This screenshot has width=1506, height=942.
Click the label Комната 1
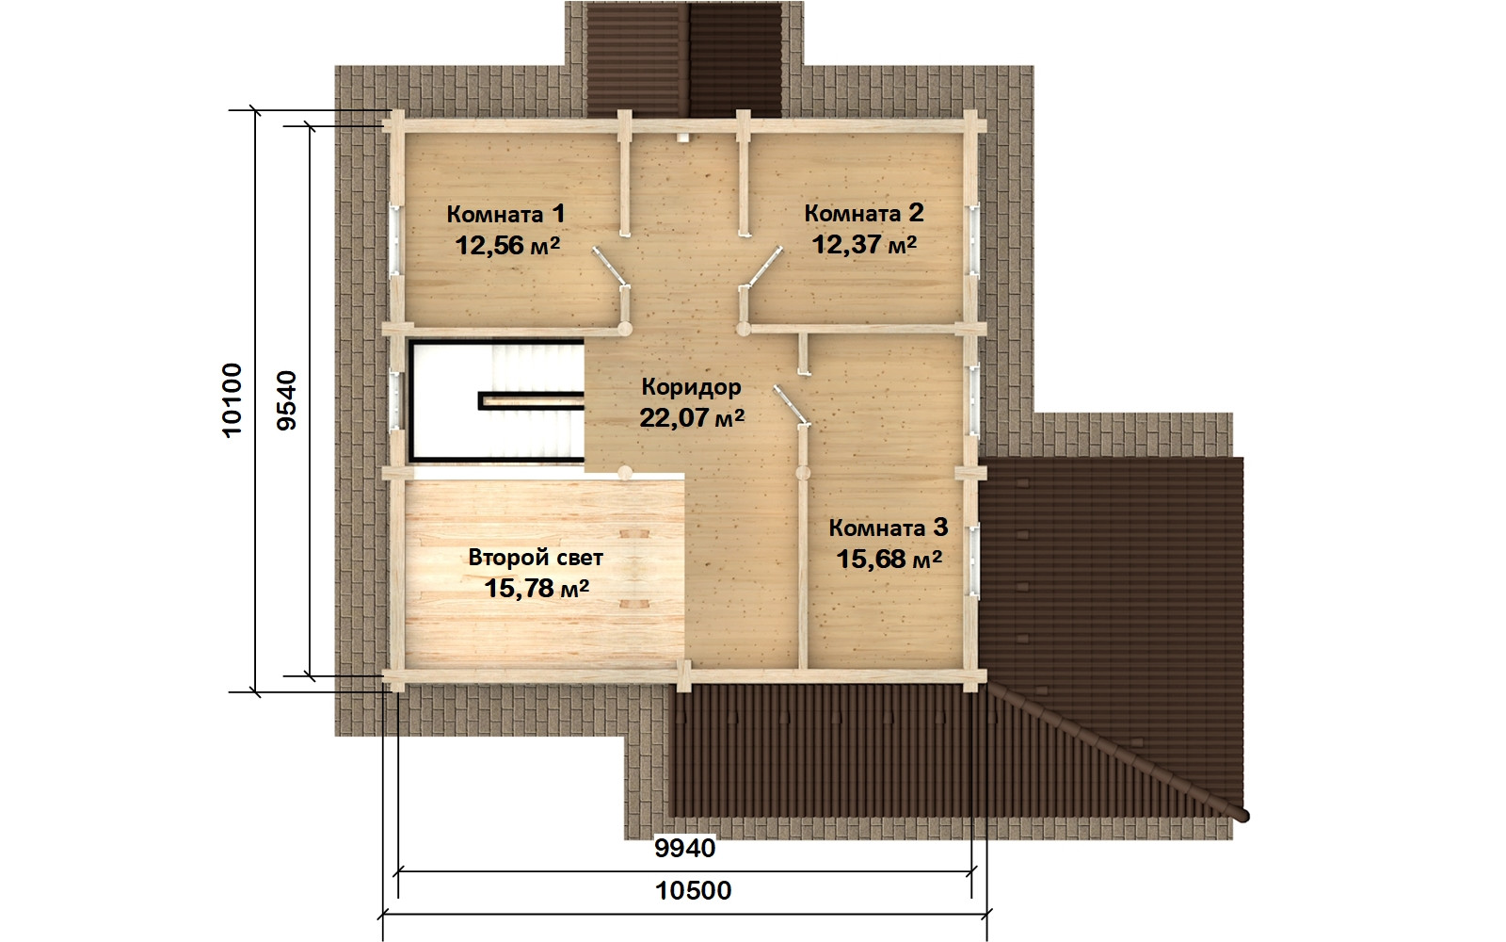(505, 214)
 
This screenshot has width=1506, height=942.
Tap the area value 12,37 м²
(864, 244)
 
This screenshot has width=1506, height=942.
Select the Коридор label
(691, 387)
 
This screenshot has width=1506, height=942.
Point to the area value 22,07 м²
(692, 418)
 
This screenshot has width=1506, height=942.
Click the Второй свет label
(536, 558)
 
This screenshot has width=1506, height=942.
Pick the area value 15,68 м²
(889, 560)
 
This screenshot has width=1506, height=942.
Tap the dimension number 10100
(232, 401)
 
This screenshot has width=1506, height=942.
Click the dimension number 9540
(286, 401)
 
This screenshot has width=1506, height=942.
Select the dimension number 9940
(685, 849)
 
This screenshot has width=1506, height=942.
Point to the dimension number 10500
(693, 891)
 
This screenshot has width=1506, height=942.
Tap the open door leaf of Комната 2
(764, 268)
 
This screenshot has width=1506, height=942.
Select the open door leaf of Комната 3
(791, 405)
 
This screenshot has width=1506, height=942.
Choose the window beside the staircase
(395, 400)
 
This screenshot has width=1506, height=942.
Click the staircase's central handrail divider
(531, 401)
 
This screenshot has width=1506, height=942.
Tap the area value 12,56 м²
(507, 245)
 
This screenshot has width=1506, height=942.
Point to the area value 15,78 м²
(537, 589)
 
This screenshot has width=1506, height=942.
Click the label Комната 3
(889, 528)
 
